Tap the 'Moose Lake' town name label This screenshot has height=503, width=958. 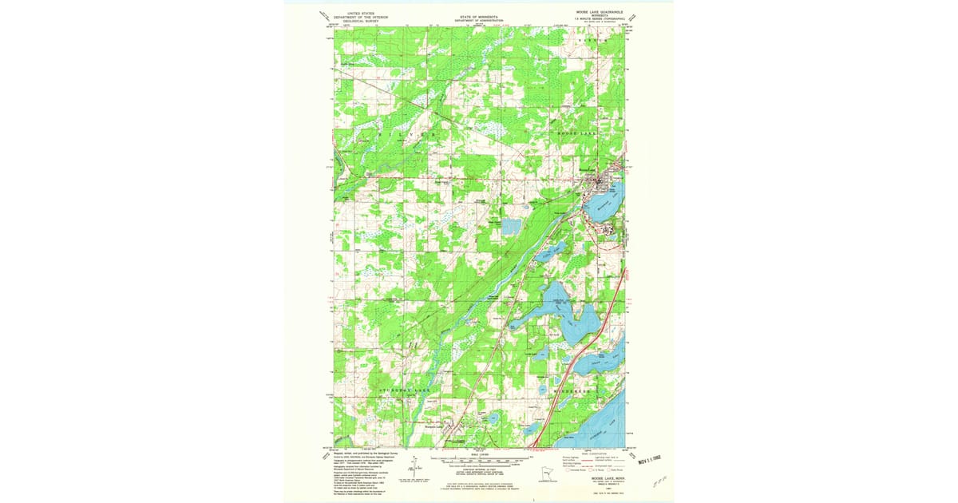(588, 169)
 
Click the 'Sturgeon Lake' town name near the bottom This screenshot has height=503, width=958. (425, 430)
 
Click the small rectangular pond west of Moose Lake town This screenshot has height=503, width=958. (512, 228)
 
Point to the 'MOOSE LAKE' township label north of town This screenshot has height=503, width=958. (576, 133)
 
